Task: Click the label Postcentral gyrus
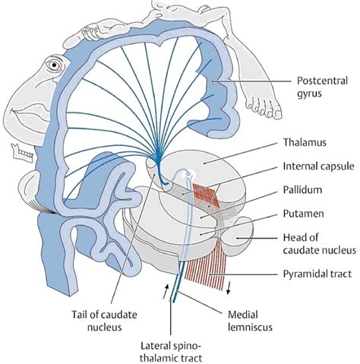click(322, 87)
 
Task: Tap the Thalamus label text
click(305, 142)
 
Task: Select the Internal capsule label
click(318, 166)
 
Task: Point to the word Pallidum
click(302, 190)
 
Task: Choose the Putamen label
click(303, 214)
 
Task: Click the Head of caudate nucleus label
click(320, 244)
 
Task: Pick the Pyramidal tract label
click(317, 274)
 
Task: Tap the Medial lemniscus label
click(250, 321)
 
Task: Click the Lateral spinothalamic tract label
click(171, 352)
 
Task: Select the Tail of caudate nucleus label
click(104, 321)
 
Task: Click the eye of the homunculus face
click(54, 65)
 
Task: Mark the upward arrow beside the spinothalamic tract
click(165, 291)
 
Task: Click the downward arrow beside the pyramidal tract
click(229, 288)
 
